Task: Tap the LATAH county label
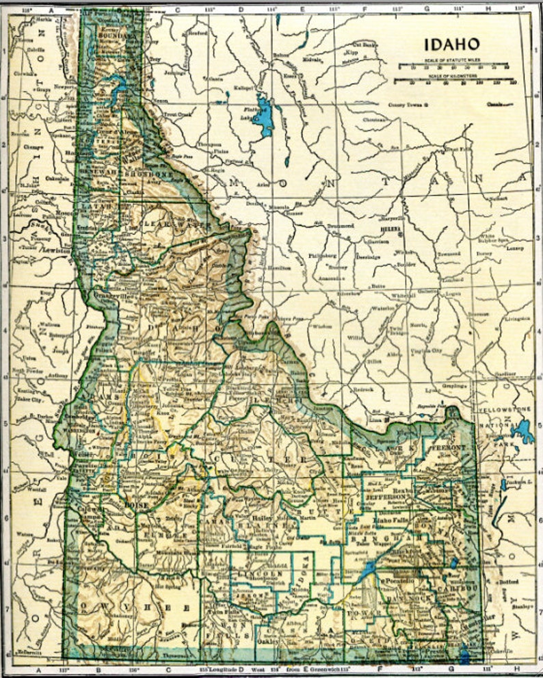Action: coord(94,205)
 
